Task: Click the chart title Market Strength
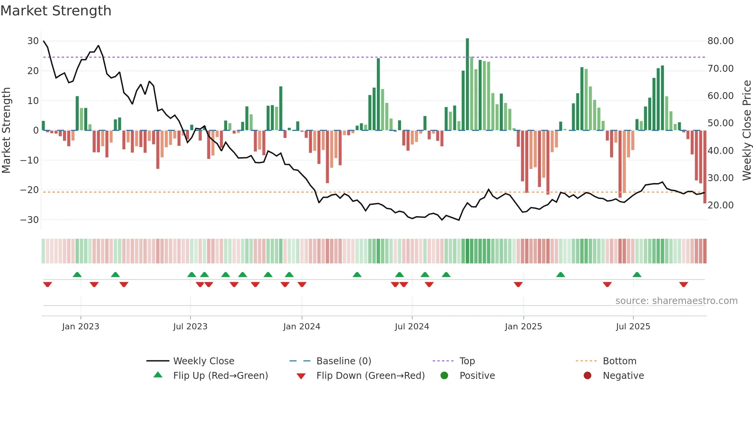tap(56, 11)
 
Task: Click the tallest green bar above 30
tap(467, 84)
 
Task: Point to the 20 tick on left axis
tap(33, 71)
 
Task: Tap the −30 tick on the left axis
tap(30, 220)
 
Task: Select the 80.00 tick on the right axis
tap(720, 41)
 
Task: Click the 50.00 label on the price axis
tap(720, 123)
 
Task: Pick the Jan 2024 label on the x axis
tap(302, 327)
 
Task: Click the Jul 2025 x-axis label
tap(633, 327)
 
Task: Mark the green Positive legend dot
tap(445, 375)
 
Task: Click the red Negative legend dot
tap(587, 375)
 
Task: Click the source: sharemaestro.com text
tap(676, 301)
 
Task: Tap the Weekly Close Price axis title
tap(746, 131)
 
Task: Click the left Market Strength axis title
tap(6, 131)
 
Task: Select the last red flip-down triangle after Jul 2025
tap(683, 284)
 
